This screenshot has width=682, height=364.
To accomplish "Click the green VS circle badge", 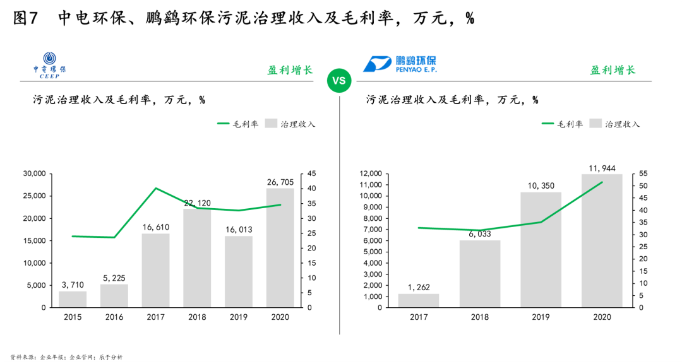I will pos(339,81).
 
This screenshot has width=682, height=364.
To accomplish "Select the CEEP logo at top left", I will pos(54,64).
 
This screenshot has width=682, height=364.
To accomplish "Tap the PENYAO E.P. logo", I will pos(400,64).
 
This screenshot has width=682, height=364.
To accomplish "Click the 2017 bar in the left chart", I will pos(155,270).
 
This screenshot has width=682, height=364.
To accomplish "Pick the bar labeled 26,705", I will pos(280,247).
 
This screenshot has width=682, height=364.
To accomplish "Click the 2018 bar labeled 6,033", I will pos(479,274).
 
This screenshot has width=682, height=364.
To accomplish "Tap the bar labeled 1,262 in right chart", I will pos(418,300).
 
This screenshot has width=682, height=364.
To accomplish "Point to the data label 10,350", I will pos(541,185).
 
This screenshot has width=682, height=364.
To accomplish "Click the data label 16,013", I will pos(239,230).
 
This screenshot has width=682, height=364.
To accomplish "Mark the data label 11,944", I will pos(602,168).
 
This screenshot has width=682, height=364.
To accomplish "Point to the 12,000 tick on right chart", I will pos(371,173).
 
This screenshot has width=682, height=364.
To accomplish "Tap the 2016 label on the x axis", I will pos(114,317).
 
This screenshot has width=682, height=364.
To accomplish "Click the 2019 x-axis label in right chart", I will pos(541,317).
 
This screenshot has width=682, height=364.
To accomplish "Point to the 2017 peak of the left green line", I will pos(155,188).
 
